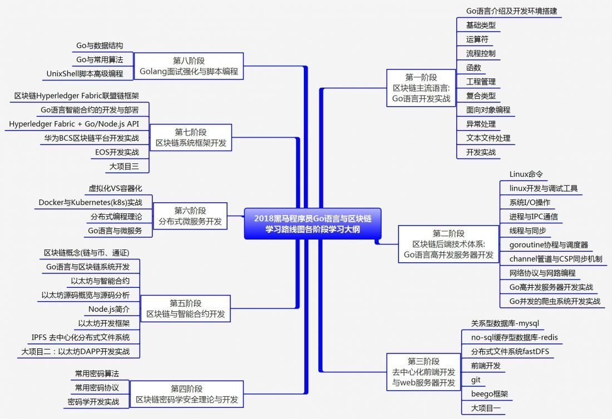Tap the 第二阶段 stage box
tap(448, 244)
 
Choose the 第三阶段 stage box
tap(423, 371)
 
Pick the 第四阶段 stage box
tap(187, 394)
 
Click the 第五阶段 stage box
tap(185, 308)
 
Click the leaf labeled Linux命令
tap(526, 174)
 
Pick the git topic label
tap(476, 380)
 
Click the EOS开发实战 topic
tap(117, 152)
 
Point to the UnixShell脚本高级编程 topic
tap(85, 73)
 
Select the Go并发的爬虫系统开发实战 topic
tap(555, 301)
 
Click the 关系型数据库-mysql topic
tap(505, 323)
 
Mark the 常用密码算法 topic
tap(97, 373)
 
